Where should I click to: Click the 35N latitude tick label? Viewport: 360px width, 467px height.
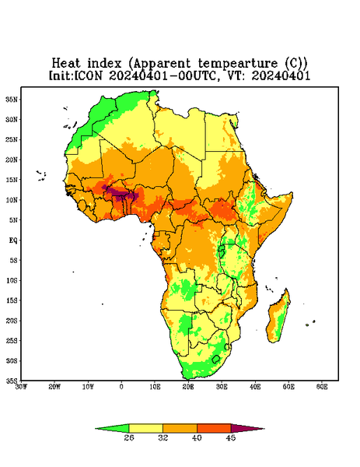coord(12,99)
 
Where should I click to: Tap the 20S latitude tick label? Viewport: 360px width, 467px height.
coord(12,321)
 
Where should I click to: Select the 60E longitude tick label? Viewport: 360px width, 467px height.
coord(322,387)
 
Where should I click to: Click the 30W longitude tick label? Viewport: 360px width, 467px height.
coord(21,387)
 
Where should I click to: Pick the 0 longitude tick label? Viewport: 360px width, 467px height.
coord(121,387)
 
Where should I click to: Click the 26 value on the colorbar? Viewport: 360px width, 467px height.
coord(129,437)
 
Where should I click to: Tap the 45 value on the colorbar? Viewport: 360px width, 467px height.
coord(231,437)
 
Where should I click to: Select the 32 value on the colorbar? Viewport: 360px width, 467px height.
coord(163,437)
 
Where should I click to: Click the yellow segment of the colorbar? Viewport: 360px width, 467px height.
coord(145,428)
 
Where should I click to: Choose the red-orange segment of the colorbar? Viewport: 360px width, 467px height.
coord(214,428)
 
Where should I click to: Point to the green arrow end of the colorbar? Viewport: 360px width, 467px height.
coord(112,429)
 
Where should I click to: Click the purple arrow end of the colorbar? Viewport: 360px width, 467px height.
coord(248,429)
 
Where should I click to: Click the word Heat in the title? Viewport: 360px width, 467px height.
coord(66,63)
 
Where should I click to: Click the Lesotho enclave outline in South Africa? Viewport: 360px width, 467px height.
coord(216,359)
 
